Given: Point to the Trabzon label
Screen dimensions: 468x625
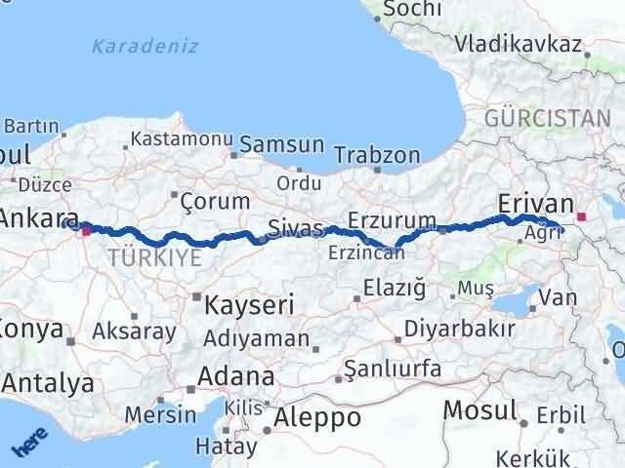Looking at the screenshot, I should (x=377, y=155).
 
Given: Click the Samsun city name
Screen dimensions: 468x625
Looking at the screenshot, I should (x=286, y=144).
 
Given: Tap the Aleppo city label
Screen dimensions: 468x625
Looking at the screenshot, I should (x=317, y=417).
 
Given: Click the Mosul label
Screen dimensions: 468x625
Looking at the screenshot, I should (x=480, y=409).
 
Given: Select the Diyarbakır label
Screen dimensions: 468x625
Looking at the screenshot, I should (x=459, y=328).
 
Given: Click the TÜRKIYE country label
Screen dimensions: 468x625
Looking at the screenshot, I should (x=155, y=257).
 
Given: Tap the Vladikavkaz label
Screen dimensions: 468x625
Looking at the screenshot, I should (x=519, y=45).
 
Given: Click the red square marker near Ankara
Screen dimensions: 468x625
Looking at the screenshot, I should (x=86, y=231).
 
